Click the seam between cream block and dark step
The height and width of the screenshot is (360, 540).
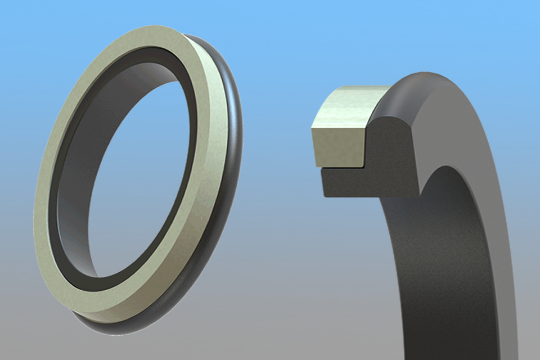coord(337,168)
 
